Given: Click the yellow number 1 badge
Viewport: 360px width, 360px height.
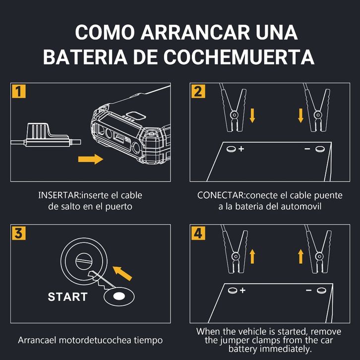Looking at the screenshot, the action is (x=19, y=91).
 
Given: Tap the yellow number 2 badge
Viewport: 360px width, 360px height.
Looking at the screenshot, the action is (x=198, y=91).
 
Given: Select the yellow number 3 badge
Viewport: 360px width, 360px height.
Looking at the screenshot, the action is (x=19, y=233).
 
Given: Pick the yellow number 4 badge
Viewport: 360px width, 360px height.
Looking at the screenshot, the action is (x=198, y=233).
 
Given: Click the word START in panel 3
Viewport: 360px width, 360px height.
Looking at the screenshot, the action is (x=67, y=297).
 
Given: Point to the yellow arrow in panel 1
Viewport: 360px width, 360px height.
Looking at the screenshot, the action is (x=90, y=159).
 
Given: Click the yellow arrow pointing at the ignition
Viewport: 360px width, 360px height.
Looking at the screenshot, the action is (x=122, y=273).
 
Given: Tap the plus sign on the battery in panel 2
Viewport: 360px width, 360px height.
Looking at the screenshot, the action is (x=241, y=149).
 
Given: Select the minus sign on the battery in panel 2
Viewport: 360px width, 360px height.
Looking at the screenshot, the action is (x=307, y=149).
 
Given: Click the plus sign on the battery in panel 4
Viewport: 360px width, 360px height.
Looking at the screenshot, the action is (x=242, y=291).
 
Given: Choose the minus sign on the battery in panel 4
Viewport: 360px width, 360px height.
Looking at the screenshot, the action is (x=309, y=291).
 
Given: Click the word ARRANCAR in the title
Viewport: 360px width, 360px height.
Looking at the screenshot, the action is (x=195, y=32).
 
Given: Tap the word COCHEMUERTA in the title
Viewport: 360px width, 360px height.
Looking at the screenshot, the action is (x=239, y=57).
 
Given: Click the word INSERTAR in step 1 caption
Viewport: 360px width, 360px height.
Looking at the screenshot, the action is (x=59, y=195).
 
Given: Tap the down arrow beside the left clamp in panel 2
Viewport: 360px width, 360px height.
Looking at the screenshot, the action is (x=252, y=116).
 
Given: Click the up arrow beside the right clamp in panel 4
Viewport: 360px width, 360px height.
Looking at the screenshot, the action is (x=300, y=257).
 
